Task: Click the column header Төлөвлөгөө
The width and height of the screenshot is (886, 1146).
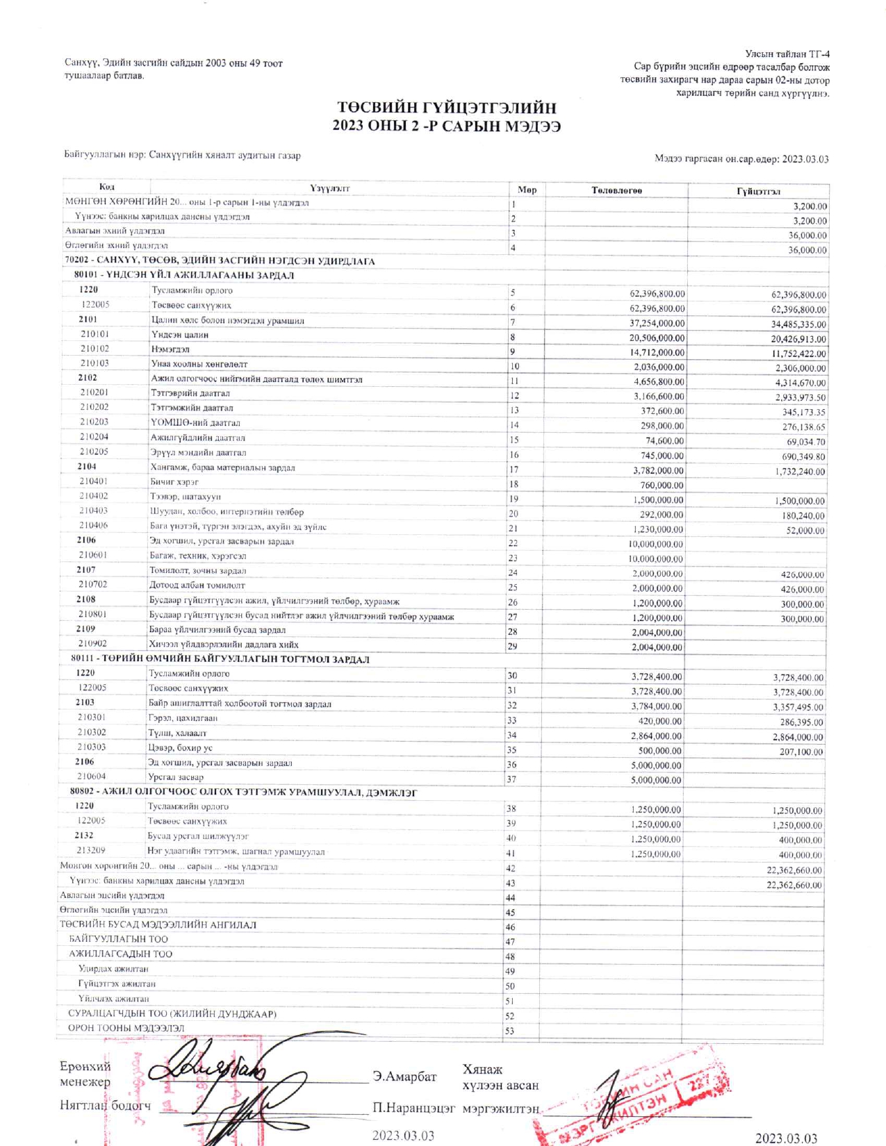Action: (616, 190)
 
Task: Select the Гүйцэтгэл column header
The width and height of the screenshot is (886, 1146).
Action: (758, 191)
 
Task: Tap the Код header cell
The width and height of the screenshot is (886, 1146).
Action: (107, 187)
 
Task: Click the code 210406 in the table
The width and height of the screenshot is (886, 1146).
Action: (93, 526)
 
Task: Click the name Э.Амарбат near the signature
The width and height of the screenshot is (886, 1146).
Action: (404, 1077)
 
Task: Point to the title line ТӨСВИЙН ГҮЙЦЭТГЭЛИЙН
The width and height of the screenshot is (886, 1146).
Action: (447, 108)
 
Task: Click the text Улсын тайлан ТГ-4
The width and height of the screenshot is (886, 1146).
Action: (787, 54)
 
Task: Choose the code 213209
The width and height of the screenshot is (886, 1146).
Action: (91, 850)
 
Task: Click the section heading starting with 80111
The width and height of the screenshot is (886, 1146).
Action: (220, 659)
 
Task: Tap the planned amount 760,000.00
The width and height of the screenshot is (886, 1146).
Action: (657, 485)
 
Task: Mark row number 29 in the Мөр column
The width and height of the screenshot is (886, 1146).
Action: (512, 646)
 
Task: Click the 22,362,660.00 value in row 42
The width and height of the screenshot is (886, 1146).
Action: (794, 870)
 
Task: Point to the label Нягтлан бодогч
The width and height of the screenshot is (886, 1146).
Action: (105, 1105)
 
